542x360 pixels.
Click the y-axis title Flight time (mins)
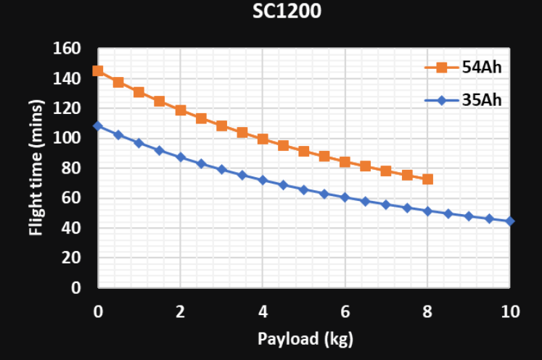[x=36, y=168]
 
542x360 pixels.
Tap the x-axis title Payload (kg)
[x=305, y=339]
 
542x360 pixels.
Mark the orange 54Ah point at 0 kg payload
[x=98, y=71]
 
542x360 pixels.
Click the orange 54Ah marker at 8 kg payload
[x=427, y=179]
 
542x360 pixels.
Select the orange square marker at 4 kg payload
[x=263, y=139]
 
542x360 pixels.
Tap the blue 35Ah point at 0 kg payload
[x=98, y=126]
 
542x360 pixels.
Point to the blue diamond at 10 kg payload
[x=510, y=221]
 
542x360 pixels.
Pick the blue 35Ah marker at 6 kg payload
[x=345, y=197]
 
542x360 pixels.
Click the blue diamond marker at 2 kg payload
[x=181, y=157]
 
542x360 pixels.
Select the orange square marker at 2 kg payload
[x=181, y=110]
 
